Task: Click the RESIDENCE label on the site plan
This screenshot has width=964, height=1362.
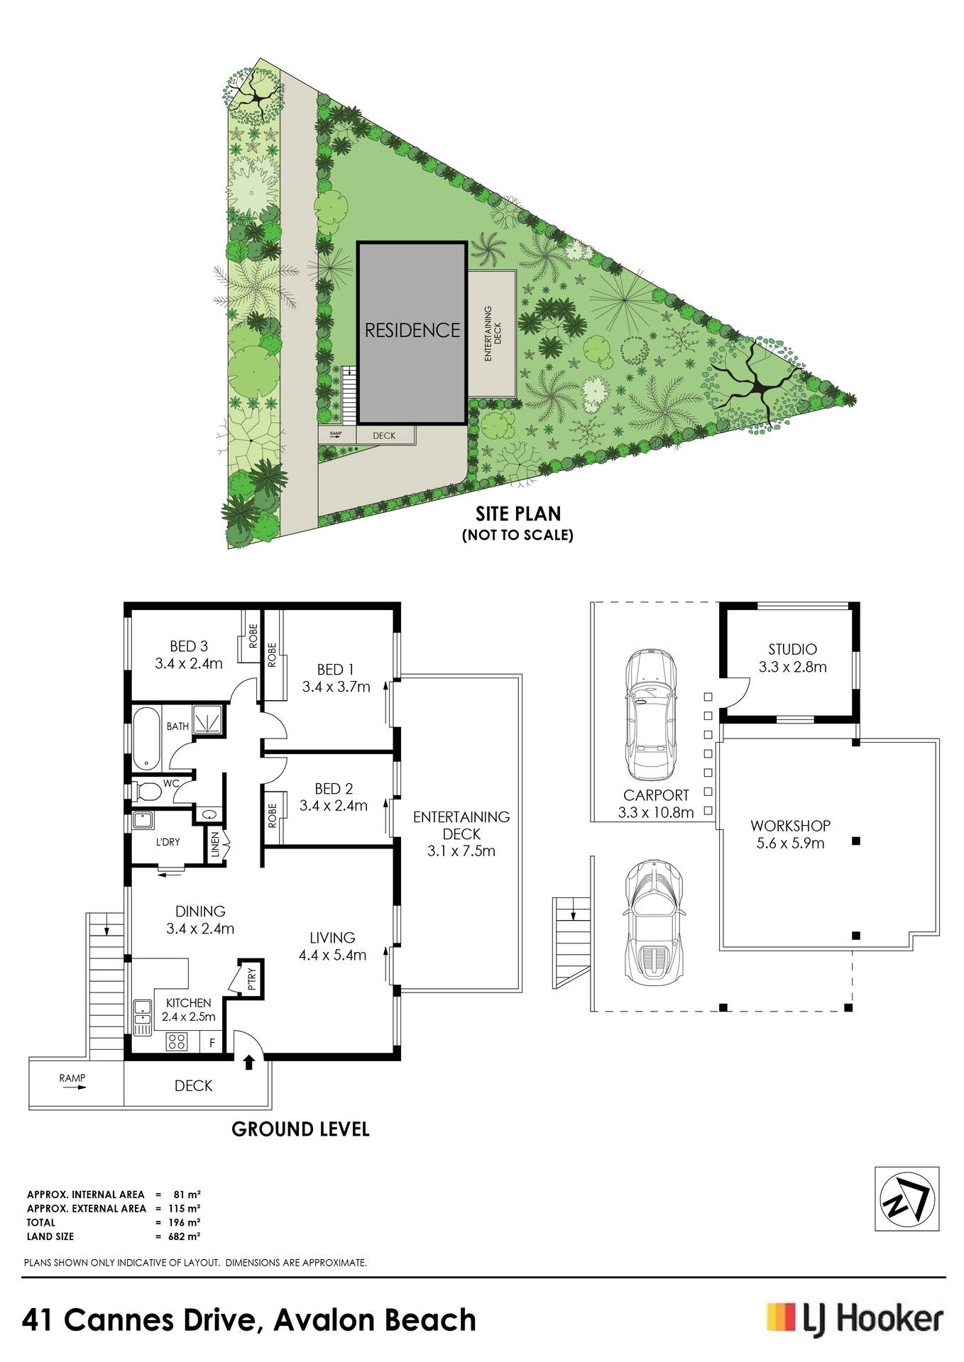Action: point(412,330)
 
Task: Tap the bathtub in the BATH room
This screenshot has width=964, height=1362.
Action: point(146,738)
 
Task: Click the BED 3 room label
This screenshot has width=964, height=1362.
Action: point(189,655)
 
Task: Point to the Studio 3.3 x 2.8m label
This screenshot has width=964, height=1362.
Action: point(792,658)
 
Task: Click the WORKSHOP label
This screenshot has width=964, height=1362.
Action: point(790,826)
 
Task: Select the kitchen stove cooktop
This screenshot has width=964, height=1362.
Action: point(176,1041)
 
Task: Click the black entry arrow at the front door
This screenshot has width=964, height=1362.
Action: point(248,1062)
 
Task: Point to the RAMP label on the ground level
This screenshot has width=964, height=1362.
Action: point(72,1078)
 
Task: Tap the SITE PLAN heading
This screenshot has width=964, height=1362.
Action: point(518,513)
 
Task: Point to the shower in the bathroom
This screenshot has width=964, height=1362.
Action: point(207,720)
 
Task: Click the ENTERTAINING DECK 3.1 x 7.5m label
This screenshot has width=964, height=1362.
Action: point(461,834)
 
